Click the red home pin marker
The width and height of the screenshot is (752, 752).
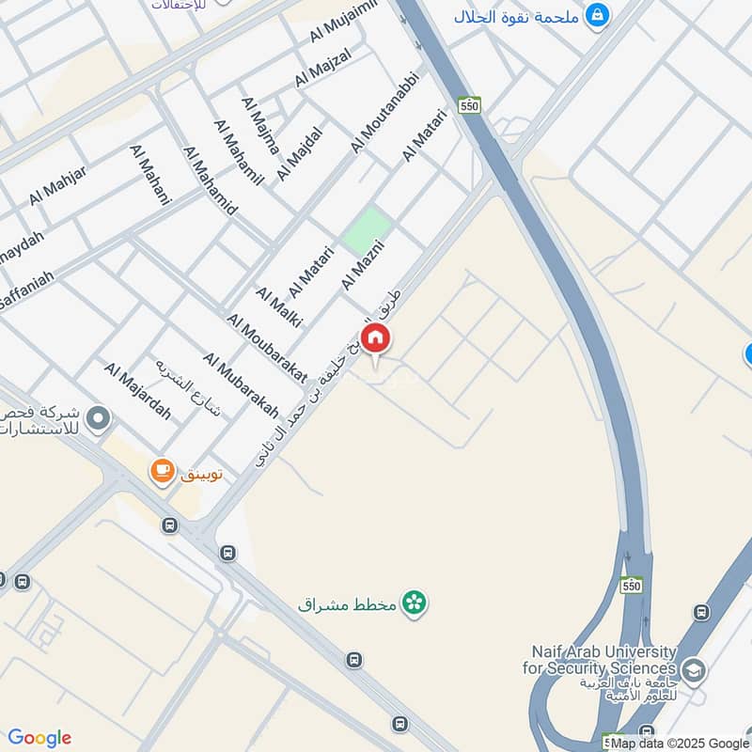tap(376, 338)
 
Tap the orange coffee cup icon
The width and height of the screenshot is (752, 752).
tap(163, 470)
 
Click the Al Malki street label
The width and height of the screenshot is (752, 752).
tap(278, 306)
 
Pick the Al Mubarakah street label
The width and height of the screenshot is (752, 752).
tap(241, 385)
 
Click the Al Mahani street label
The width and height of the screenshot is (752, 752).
tap(151, 175)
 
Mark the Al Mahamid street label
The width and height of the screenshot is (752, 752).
tap(211, 181)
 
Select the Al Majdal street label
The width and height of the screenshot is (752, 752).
tap(299, 153)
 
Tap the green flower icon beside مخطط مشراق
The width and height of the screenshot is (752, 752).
tap(413, 603)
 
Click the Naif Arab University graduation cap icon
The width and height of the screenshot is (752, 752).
tap(694, 670)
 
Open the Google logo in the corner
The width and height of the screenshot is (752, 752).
tap(39, 738)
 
